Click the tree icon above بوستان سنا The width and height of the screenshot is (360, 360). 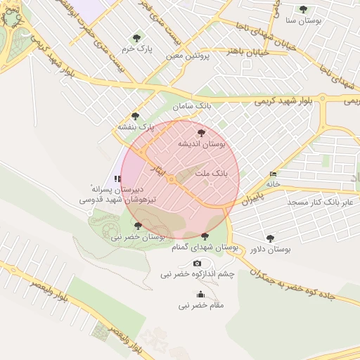pos(303,9)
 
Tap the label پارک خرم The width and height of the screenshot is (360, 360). pos(136,49)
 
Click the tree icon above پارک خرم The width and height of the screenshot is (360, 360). pos(136,38)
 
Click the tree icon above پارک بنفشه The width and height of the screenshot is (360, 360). pos(135,116)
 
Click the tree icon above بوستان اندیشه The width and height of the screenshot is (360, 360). pos(202,132)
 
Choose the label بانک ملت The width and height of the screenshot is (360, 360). pos(212,172)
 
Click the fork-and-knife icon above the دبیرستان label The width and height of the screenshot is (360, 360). pos(117,179)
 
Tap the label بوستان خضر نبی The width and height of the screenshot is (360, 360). pos(137,237)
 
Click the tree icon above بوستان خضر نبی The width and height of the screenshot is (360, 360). pos(137,226)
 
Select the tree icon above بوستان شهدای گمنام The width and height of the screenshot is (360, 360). pos(205,236)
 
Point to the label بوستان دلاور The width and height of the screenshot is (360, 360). pos(270,249)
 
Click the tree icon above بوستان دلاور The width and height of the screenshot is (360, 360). pos(270,238)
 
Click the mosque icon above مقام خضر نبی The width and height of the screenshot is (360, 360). pos(201,295)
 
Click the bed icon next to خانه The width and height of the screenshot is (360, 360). pos(273,174)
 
